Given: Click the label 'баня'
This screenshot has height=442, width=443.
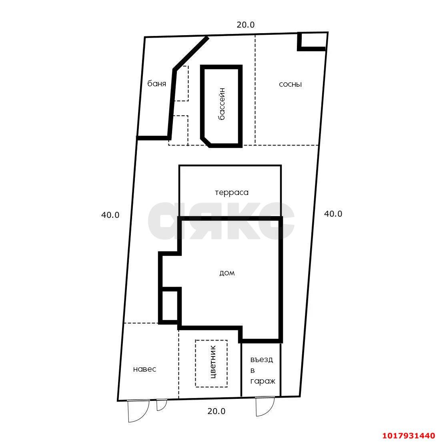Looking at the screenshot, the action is (x=156, y=84).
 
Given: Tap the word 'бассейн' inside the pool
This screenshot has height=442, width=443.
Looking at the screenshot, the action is (x=222, y=104).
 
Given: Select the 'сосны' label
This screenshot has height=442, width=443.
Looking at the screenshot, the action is (x=290, y=84).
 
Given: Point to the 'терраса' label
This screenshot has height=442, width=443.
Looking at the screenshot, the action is (x=232, y=193).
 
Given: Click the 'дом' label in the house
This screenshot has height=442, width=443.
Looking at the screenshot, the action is (x=227, y=273).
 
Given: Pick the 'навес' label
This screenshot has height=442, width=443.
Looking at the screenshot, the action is (x=144, y=369).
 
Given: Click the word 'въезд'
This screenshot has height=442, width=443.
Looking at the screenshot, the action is (x=262, y=359).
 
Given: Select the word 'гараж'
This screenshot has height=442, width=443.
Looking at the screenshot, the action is (x=263, y=382).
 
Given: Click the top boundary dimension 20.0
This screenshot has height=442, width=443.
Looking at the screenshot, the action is (x=246, y=25).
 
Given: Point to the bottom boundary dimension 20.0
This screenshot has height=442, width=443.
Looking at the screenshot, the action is (x=216, y=411).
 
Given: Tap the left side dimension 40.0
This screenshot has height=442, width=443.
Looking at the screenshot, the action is (x=110, y=215).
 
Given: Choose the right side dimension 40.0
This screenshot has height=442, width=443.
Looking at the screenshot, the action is (x=333, y=214).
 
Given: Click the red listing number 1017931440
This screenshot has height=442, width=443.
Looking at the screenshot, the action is (x=409, y=435).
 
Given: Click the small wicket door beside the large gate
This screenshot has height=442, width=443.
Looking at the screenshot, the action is (x=162, y=405).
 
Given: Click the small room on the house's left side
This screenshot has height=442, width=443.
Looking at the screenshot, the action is (x=170, y=306).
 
